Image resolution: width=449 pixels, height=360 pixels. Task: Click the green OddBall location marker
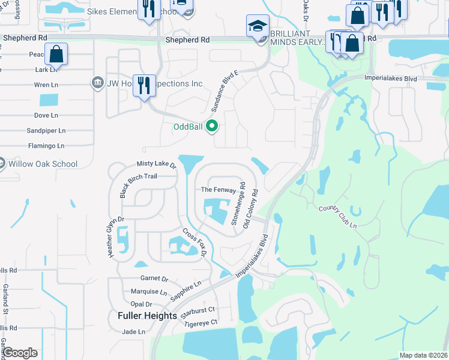pyautogui.click(x=211, y=126)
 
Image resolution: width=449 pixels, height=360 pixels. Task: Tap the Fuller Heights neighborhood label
pyautogui.click(x=147, y=315)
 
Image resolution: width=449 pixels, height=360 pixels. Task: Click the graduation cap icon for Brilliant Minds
pyautogui.click(x=257, y=28)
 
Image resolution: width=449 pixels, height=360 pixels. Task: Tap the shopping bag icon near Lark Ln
pyautogui.click(x=56, y=54)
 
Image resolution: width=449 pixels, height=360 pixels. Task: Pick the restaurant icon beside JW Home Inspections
pyautogui.click(x=144, y=85)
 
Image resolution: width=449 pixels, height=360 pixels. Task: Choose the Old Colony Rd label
pyautogui.click(x=250, y=209)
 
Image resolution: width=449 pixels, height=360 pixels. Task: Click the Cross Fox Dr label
pyautogui.click(x=194, y=242)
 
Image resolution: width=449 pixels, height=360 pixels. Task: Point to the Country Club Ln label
pyautogui.click(x=338, y=217)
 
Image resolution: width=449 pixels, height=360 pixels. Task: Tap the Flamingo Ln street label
pyautogui.click(x=46, y=146)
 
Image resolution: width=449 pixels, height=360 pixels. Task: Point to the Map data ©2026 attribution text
pyautogui.click(x=423, y=355)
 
